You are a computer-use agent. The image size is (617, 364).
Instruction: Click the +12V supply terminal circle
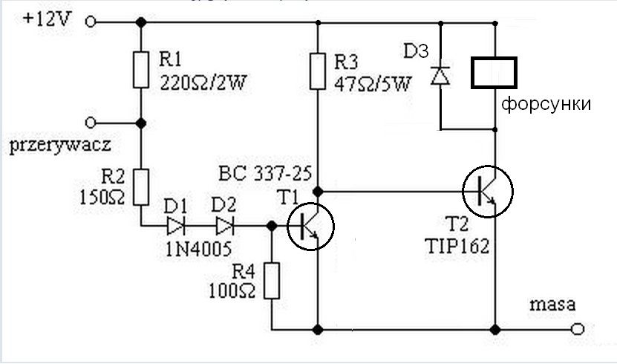click(x=91, y=22)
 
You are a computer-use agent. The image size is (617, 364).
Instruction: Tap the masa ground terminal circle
click(x=577, y=329)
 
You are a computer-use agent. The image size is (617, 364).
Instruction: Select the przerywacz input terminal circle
click(x=91, y=123)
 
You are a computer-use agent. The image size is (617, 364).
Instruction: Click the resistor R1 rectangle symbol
click(x=140, y=70)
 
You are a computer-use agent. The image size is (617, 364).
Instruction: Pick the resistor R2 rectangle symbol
click(x=140, y=187)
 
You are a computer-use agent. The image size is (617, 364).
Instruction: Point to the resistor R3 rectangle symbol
click(x=318, y=71)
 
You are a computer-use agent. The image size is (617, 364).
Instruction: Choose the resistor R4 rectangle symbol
click(x=272, y=281)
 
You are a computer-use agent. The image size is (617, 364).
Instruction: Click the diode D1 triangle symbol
click(x=175, y=226)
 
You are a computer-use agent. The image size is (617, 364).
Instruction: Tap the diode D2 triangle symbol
click(x=225, y=226)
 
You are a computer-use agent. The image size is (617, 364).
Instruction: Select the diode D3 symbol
click(x=440, y=76)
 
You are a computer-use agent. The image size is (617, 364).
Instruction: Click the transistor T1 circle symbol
click(x=311, y=226)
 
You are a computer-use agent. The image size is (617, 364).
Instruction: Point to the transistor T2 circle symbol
click(x=488, y=191)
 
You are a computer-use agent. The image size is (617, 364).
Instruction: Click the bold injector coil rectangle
click(x=494, y=72)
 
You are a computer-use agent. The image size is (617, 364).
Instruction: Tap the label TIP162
click(x=457, y=247)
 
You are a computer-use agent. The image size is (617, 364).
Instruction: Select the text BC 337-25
click(x=265, y=173)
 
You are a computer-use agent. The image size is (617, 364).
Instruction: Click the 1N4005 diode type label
click(x=198, y=249)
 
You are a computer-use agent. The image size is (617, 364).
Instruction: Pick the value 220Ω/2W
click(x=203, y=82)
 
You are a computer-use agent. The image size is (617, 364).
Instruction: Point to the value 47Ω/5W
click(x=372, y=84)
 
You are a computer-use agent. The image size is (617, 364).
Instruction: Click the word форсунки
click(x=546, y=104)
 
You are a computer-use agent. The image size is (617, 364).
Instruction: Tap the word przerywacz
click(x=60, y=146)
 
